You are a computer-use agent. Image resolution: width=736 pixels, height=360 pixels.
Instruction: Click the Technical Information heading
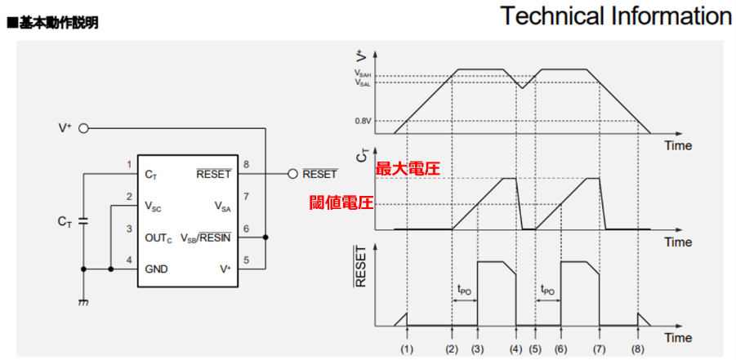pos(616,16)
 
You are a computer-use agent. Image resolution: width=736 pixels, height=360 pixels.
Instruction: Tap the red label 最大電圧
pos(408,169)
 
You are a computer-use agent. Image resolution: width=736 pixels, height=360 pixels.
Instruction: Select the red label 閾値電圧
pos(341,202)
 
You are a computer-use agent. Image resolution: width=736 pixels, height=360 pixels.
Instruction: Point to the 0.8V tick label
pos(364,122)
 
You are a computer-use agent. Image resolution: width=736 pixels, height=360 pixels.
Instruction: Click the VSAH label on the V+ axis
pos(363,74)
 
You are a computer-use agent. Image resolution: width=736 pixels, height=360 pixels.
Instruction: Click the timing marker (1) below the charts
pos(407,349)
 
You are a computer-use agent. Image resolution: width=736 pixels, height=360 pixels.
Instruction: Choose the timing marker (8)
pos(638,349)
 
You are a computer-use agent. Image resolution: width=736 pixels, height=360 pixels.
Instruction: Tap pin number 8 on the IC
pos(246,164)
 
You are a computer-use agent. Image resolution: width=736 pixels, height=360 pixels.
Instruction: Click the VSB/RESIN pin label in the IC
pos(206,238)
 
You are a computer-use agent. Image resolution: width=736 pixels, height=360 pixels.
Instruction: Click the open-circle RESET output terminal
pos(292,174)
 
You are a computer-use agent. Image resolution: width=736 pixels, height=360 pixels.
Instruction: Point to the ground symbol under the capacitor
pos(82,302)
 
